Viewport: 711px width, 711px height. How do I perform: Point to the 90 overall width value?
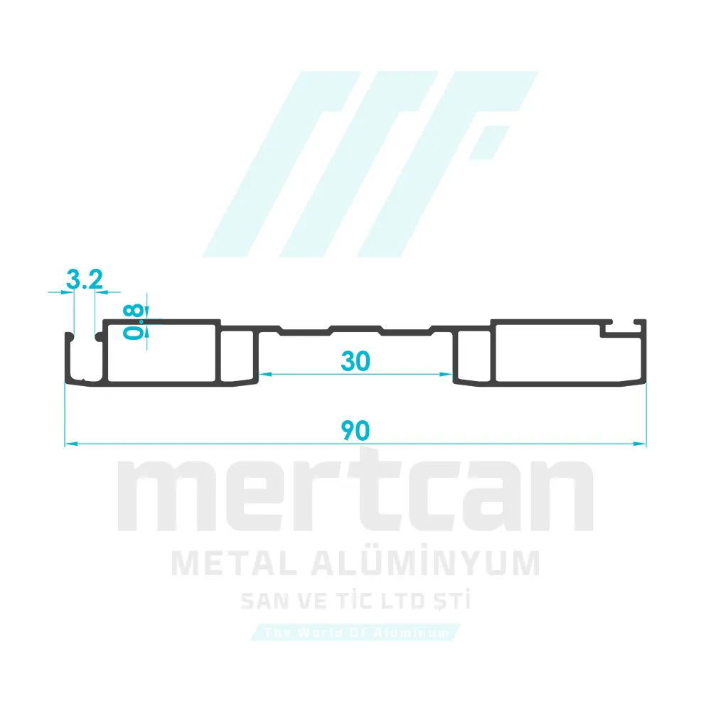pos(355,431)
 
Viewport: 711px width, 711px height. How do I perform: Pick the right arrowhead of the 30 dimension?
pos(449,374)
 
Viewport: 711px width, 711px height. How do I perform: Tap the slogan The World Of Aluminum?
pos(355,632)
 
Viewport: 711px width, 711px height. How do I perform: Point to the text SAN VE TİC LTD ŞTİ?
pos(355,602)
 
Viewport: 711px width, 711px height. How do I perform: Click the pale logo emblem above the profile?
pos(370,164)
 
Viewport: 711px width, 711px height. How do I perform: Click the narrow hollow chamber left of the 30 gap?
pos(237,357)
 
